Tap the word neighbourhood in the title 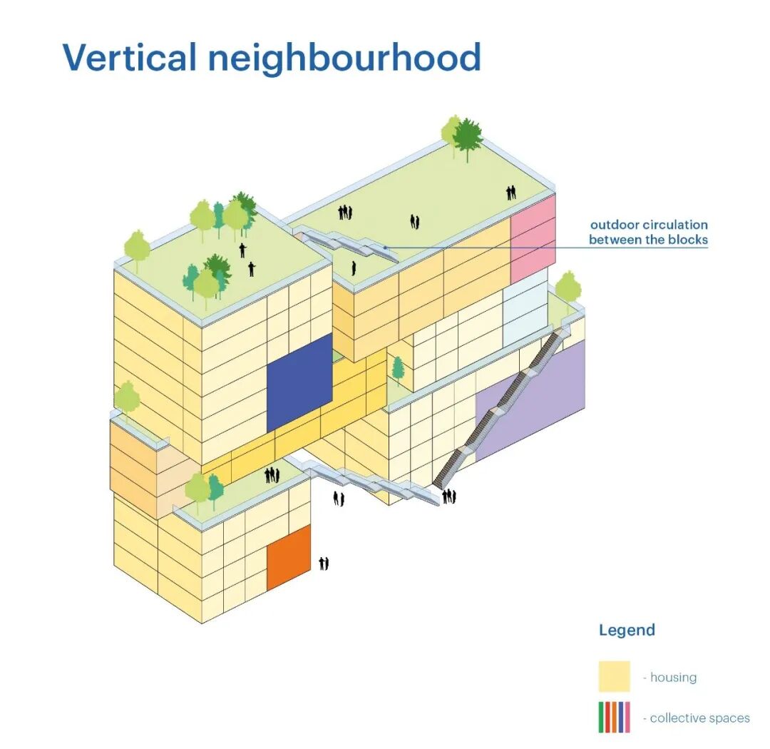[344, 58]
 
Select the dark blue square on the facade [299, 383]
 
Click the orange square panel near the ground [289, 557]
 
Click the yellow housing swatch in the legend [614, 676]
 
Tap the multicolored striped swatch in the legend [614, 717]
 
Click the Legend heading [627, 630]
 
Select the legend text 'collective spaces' [700, 718]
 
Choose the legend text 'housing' [673, 677]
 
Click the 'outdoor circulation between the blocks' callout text [649, 232]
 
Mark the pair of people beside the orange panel [324, 564]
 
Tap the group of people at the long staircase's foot [449, 496]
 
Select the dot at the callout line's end [386, 248]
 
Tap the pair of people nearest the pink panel [511, 193]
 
